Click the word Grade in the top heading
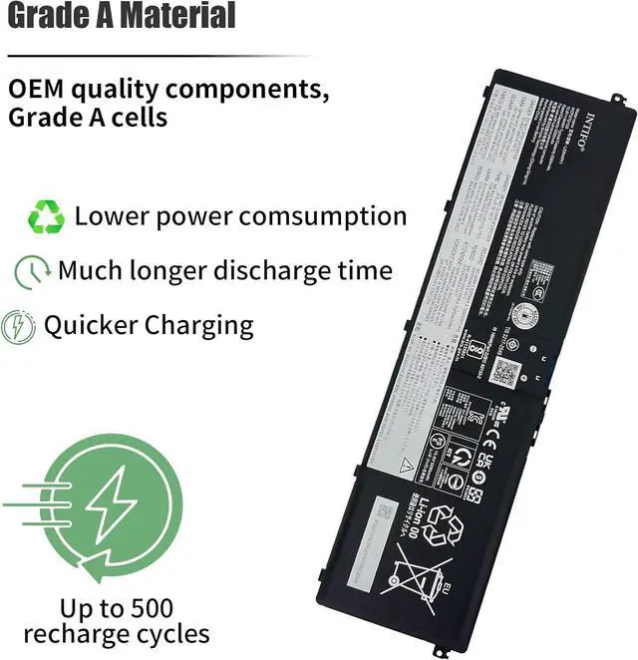[52, 17]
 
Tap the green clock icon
[33, 271]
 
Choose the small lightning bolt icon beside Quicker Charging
[19, 326]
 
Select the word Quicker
[89, 325]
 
